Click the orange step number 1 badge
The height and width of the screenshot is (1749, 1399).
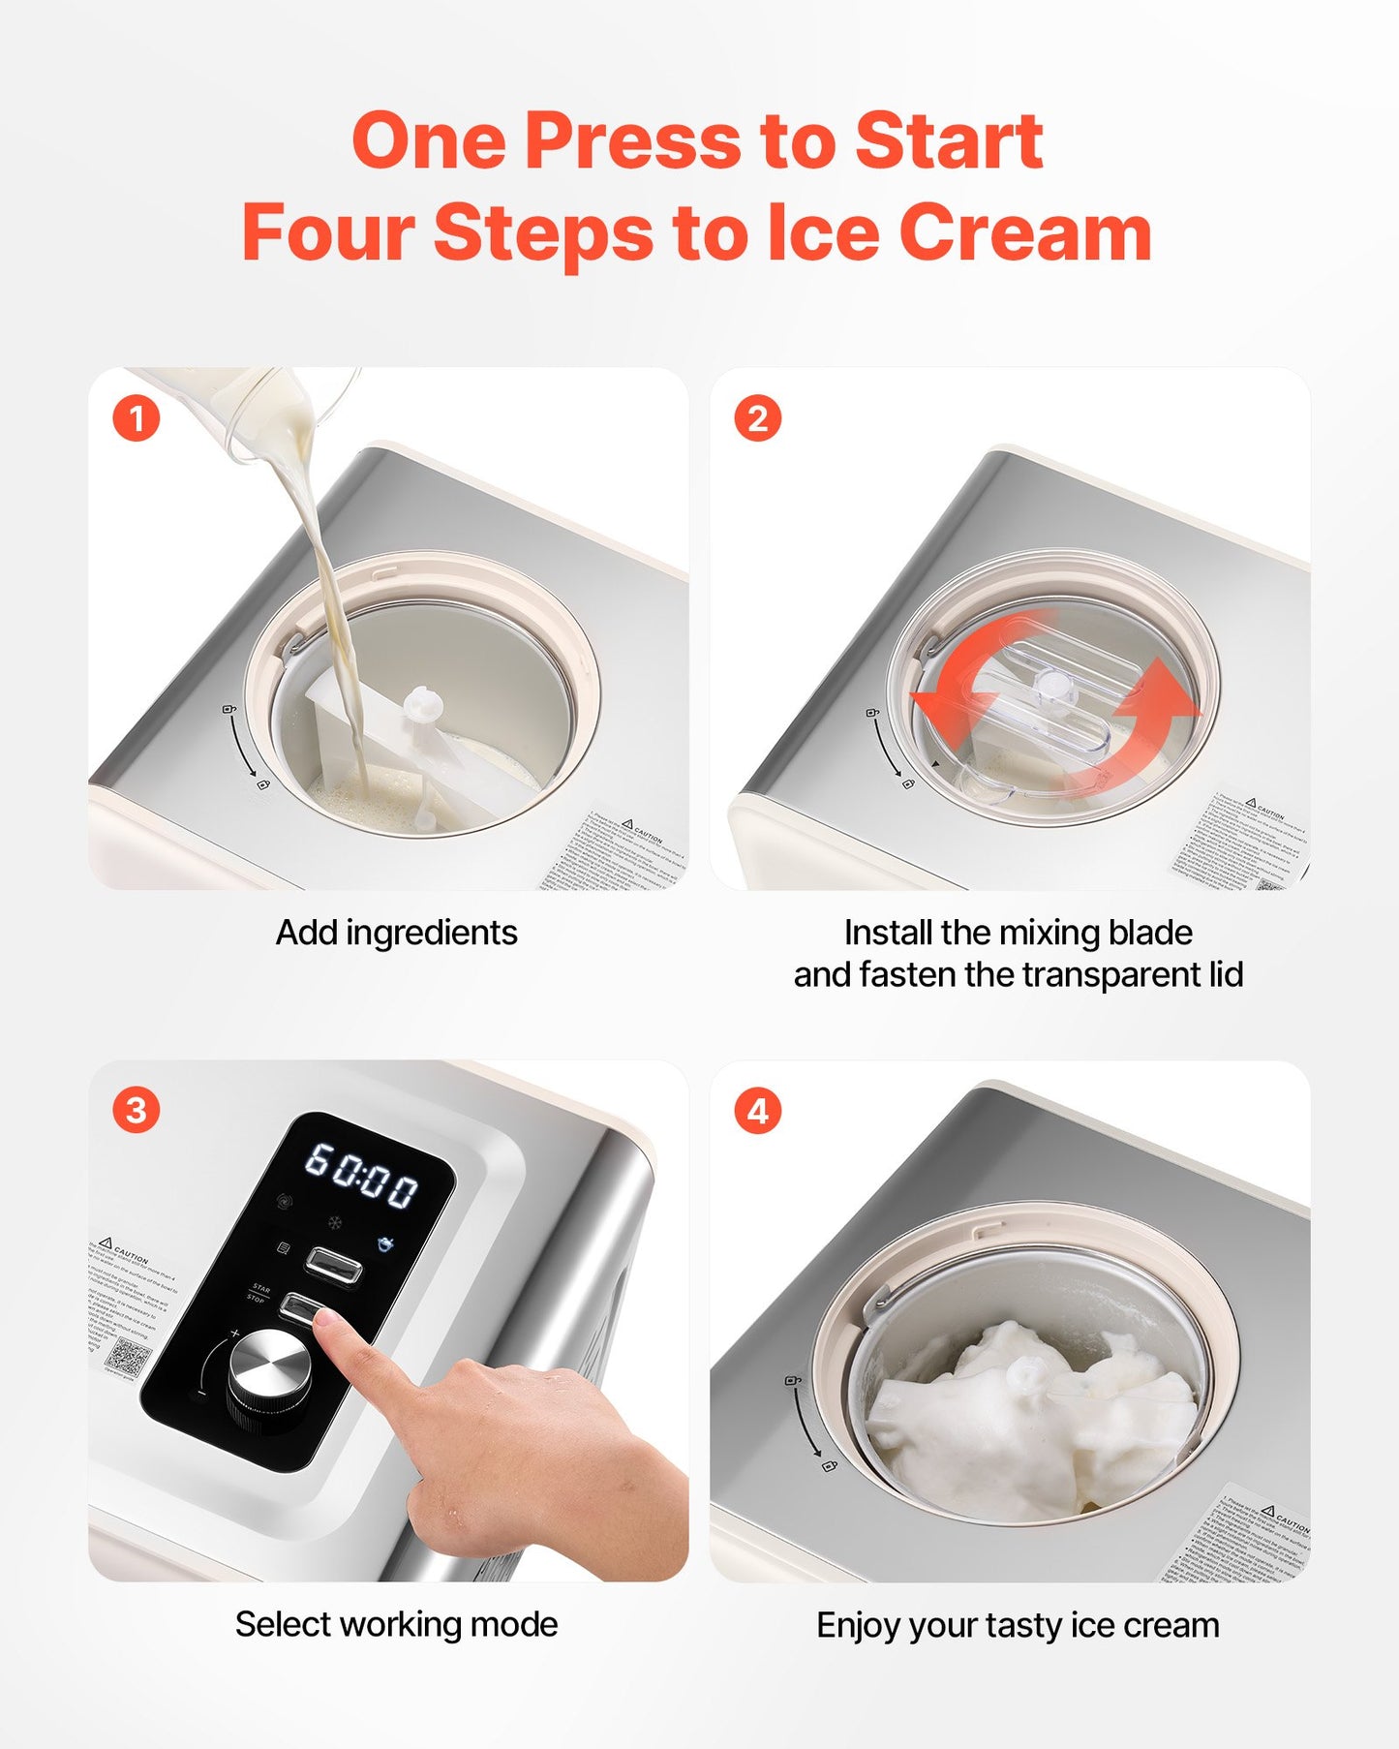[x=136, y=419]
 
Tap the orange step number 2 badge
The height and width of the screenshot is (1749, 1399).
[x=757, y=419]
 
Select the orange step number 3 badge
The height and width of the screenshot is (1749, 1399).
[x=136, y=1111]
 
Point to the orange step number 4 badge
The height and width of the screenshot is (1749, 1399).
[x=757, y=1111]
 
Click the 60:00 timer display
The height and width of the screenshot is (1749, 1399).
[x=362, y=1174]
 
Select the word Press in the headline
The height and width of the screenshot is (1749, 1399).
[x=632, y=141]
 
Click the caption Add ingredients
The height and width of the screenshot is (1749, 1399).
[x=396, y=933]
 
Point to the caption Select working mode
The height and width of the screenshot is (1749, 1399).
[x=396, y=1624]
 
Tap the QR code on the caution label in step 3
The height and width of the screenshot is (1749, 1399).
[x=127, y=1356]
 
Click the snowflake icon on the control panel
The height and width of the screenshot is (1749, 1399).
[x=334, y=1223]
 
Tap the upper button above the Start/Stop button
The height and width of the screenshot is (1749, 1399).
[x=334, y=1264]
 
